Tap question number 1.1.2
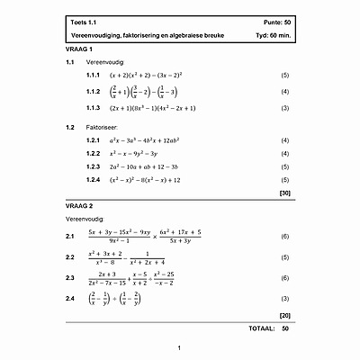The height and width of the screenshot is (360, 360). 93,92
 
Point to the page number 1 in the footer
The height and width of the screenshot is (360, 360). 180,347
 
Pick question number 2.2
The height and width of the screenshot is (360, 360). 69,257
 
